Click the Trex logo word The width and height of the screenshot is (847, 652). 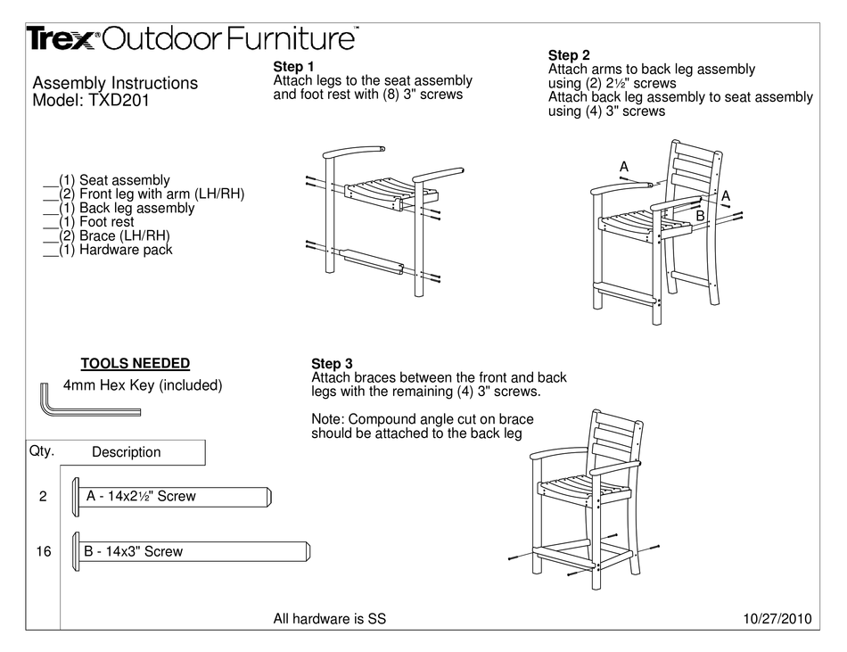(61, 38)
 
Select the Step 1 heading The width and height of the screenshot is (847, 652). (293, 67)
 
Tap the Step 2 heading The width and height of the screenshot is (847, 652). (569, 55)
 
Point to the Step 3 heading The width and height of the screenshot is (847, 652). (332, 363)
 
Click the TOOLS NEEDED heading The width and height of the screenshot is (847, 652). (135, 363)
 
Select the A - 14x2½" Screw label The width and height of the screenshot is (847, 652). (141, 496)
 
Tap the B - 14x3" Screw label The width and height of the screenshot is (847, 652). (133, 551)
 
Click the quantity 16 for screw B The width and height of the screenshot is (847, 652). (43, 552)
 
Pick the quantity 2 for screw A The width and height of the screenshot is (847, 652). (43, 497)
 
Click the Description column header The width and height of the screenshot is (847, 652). (126, 452)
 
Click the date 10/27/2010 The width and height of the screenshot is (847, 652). (777, 619)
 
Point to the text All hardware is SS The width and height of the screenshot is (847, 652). (329, 619)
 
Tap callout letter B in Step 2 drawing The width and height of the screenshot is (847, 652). (700, 216)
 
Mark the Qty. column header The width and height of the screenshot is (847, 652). (41, 450)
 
